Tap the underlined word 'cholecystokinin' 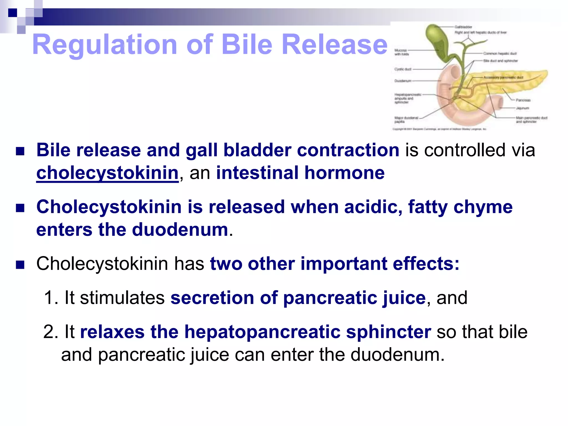click(107, 173)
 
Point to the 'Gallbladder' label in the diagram click(463, 27)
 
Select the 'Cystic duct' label click(403, 69)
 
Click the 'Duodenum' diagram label click(403, 81)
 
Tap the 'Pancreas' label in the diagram click(523, 100)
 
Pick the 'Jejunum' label click(523, 108)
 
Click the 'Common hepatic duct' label click(500, 53)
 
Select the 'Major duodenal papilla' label click(406, 120)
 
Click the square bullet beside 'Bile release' click(20, 151)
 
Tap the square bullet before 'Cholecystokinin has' click(20, 265)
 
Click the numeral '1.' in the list click(51, 298)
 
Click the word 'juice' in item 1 click(404, 298)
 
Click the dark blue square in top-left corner click(12, 13)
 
